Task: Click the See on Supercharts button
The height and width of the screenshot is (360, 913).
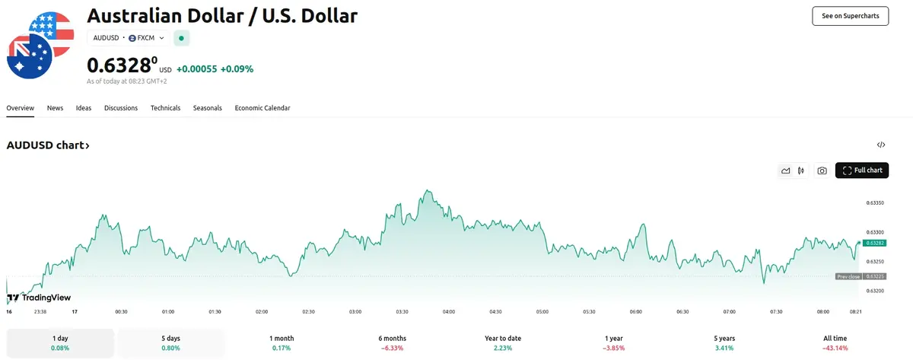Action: (x=850, y=15)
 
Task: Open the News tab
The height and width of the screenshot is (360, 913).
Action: (x=55, y=108)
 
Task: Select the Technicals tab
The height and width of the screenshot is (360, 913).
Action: (x=165, y=108)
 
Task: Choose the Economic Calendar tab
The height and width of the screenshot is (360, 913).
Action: (x=262, y=108)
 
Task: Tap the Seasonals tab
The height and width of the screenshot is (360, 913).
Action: (x=207, y=108)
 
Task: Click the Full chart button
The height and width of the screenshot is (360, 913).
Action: (x=862, y=170)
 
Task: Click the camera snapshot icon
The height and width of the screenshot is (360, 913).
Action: (x=822, y=170)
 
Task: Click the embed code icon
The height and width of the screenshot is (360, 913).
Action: (x=881, y=145)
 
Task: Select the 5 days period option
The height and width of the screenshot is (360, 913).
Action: (x=170, y=342)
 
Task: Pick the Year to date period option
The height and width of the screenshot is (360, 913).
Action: (x=502, y=342)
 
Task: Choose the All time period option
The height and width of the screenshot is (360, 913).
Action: (x=835, y=342)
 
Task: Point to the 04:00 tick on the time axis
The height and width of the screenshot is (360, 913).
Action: (x=449, y=311)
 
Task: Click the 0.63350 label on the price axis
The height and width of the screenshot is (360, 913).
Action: (x=876, y=203)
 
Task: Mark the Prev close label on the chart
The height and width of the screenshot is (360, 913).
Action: (x=848, y=276)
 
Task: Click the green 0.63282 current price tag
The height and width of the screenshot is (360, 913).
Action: (x=876, y=242)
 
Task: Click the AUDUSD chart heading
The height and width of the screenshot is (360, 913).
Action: (x=48, y=145)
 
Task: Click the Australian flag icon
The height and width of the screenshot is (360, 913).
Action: (x=29, y=55)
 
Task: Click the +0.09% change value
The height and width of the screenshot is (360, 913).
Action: (x=237, y=68)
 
